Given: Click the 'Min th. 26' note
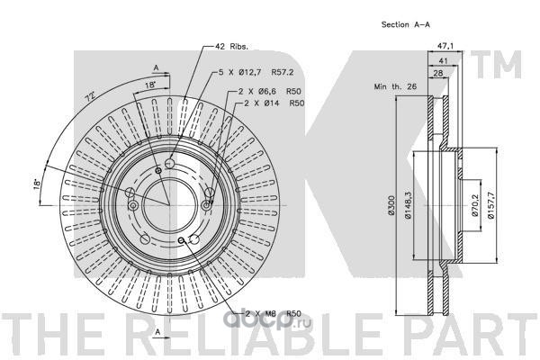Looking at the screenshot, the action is coord(392,86).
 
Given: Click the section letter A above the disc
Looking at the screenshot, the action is coord(157,67).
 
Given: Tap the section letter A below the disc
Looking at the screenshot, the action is coord(157,331).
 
